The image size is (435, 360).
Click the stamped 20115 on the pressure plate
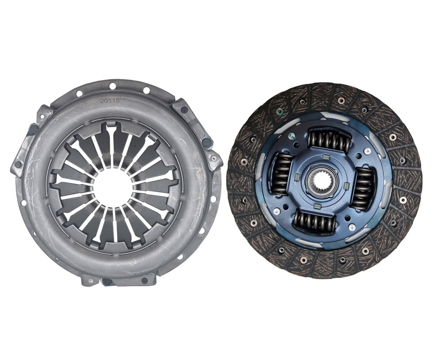[x=110, y=101]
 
